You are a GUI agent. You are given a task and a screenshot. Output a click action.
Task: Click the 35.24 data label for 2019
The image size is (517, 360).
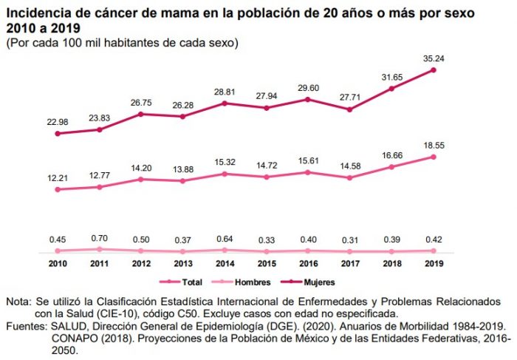click(x=434, y=58)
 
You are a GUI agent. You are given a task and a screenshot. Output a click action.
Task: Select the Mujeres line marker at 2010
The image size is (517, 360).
click(x=57, y=134)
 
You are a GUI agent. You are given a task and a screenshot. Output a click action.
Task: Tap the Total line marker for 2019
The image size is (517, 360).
click(x=434, y=157)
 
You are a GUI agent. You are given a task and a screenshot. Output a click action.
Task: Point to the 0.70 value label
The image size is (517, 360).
click(x=99, y=239)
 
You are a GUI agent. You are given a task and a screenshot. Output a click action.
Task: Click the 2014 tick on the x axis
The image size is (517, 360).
click(x=225, y=263)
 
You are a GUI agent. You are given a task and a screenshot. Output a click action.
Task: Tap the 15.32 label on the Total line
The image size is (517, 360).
click(x=225, y=162)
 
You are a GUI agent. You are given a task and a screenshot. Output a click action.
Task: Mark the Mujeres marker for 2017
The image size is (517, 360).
click(x=350, y=109)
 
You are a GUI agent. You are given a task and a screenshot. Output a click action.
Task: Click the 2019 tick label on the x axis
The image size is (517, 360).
click(x=434, y=263)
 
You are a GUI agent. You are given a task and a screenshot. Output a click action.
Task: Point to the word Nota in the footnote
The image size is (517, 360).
click(x=18, y=302)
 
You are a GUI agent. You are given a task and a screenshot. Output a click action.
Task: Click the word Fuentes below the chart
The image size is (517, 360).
click(x=26, y=325)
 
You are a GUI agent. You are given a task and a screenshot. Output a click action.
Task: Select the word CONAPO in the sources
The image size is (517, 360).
click(x=72, y=336)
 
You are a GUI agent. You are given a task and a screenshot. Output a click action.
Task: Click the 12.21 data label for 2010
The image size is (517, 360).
click(x=57, y=177)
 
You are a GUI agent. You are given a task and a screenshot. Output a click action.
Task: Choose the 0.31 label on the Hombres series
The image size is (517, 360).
click(x=350, y=239)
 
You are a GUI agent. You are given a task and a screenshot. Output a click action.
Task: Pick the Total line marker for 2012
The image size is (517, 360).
click(x=140, y=179)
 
